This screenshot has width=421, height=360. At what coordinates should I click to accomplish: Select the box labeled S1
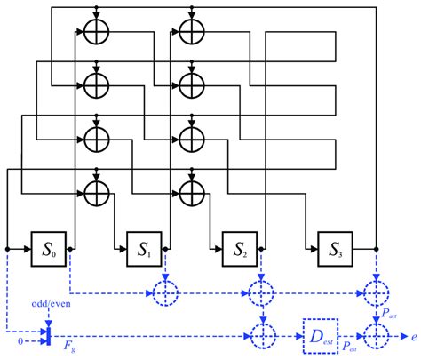click(142, 244)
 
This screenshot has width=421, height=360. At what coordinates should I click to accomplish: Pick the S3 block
click(334, 244)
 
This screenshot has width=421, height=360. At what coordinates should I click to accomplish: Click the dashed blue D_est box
click(319, 336)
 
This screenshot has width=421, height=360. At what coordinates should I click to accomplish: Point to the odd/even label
click(46, 305)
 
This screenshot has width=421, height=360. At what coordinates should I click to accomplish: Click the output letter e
click(413, 336)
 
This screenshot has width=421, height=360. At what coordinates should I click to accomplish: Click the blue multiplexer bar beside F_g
click(48, 335)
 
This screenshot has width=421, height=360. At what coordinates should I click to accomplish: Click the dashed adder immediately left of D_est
click(262, 336)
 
